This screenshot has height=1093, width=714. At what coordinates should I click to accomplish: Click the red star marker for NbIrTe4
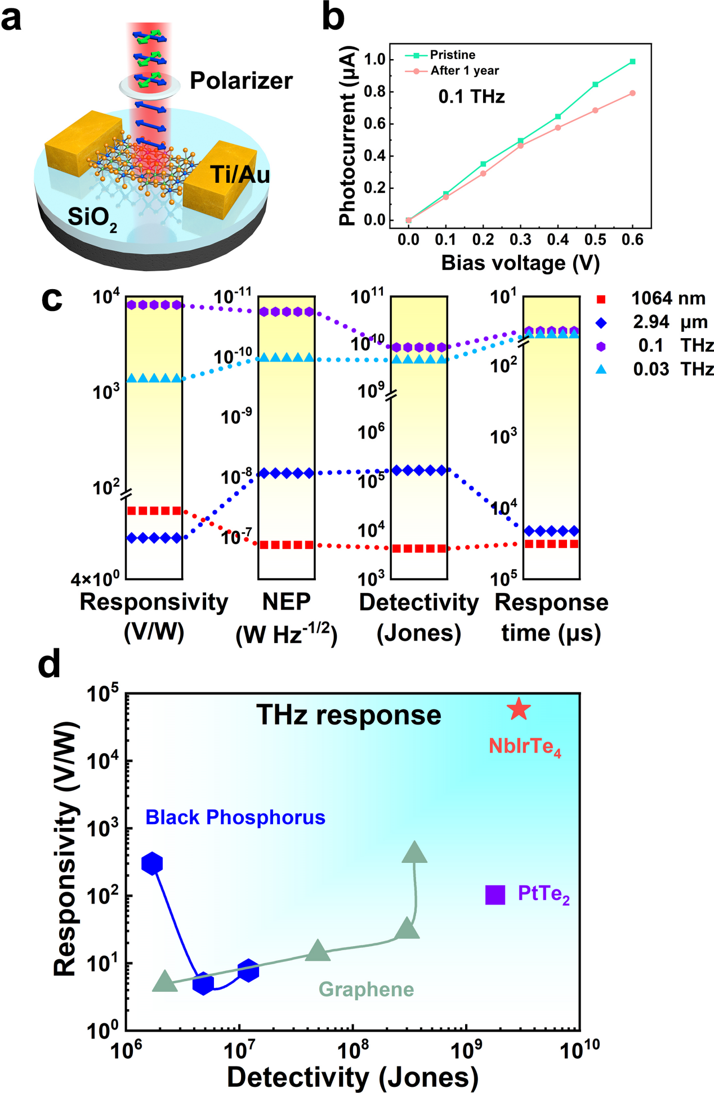click(519, 709)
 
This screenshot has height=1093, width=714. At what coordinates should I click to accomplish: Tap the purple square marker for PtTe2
click(495, 894)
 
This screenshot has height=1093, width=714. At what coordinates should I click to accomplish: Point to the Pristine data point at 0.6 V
click(632, 61)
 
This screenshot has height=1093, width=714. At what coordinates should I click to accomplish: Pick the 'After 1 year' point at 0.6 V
click(632, 93)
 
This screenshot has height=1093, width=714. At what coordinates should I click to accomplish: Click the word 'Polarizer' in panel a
click(241, 81)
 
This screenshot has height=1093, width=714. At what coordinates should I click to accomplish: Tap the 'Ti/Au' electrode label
click(240, 174)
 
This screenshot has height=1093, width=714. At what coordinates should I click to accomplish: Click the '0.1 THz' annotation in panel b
click(471, 97)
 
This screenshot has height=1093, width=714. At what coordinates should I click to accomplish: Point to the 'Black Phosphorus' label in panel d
click(235, 817)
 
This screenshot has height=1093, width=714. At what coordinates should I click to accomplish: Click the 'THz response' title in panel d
click(349, 715)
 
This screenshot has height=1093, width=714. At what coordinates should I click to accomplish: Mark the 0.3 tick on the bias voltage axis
click(520, 240)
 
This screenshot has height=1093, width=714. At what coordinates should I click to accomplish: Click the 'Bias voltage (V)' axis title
click(520, 263)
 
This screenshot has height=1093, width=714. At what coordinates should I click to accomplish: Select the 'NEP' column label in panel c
click(286, 602)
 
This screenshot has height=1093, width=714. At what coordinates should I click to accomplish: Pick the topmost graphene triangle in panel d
click(414, 853)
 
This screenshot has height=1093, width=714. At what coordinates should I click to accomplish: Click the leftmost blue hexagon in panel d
click(152, 863)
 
